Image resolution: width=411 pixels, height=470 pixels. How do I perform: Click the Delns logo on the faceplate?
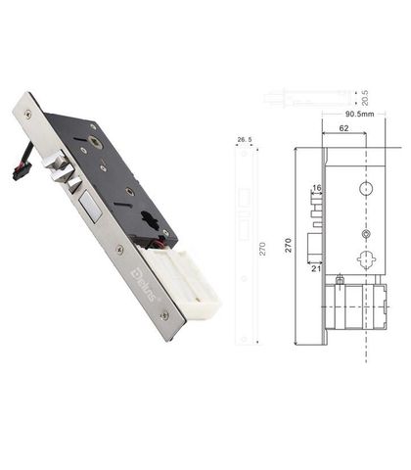pyautogui.click(x=143, y=285)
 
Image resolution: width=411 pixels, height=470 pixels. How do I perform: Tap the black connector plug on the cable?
pyautogui.click(x=22, y=170)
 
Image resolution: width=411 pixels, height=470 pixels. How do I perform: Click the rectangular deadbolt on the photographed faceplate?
pyautogui.click(x=90, y=207)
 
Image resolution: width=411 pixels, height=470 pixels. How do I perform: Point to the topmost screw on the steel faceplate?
pyautogui.click(x=28, y=114)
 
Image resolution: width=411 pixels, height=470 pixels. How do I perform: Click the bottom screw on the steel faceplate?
pyautogui.click(x=164, y=315)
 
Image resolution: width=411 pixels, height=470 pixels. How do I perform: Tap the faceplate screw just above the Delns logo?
pyautogui.click(x=120, y=250)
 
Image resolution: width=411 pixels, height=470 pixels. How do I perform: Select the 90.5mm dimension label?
pyautogui.click(x=360, y=114)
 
